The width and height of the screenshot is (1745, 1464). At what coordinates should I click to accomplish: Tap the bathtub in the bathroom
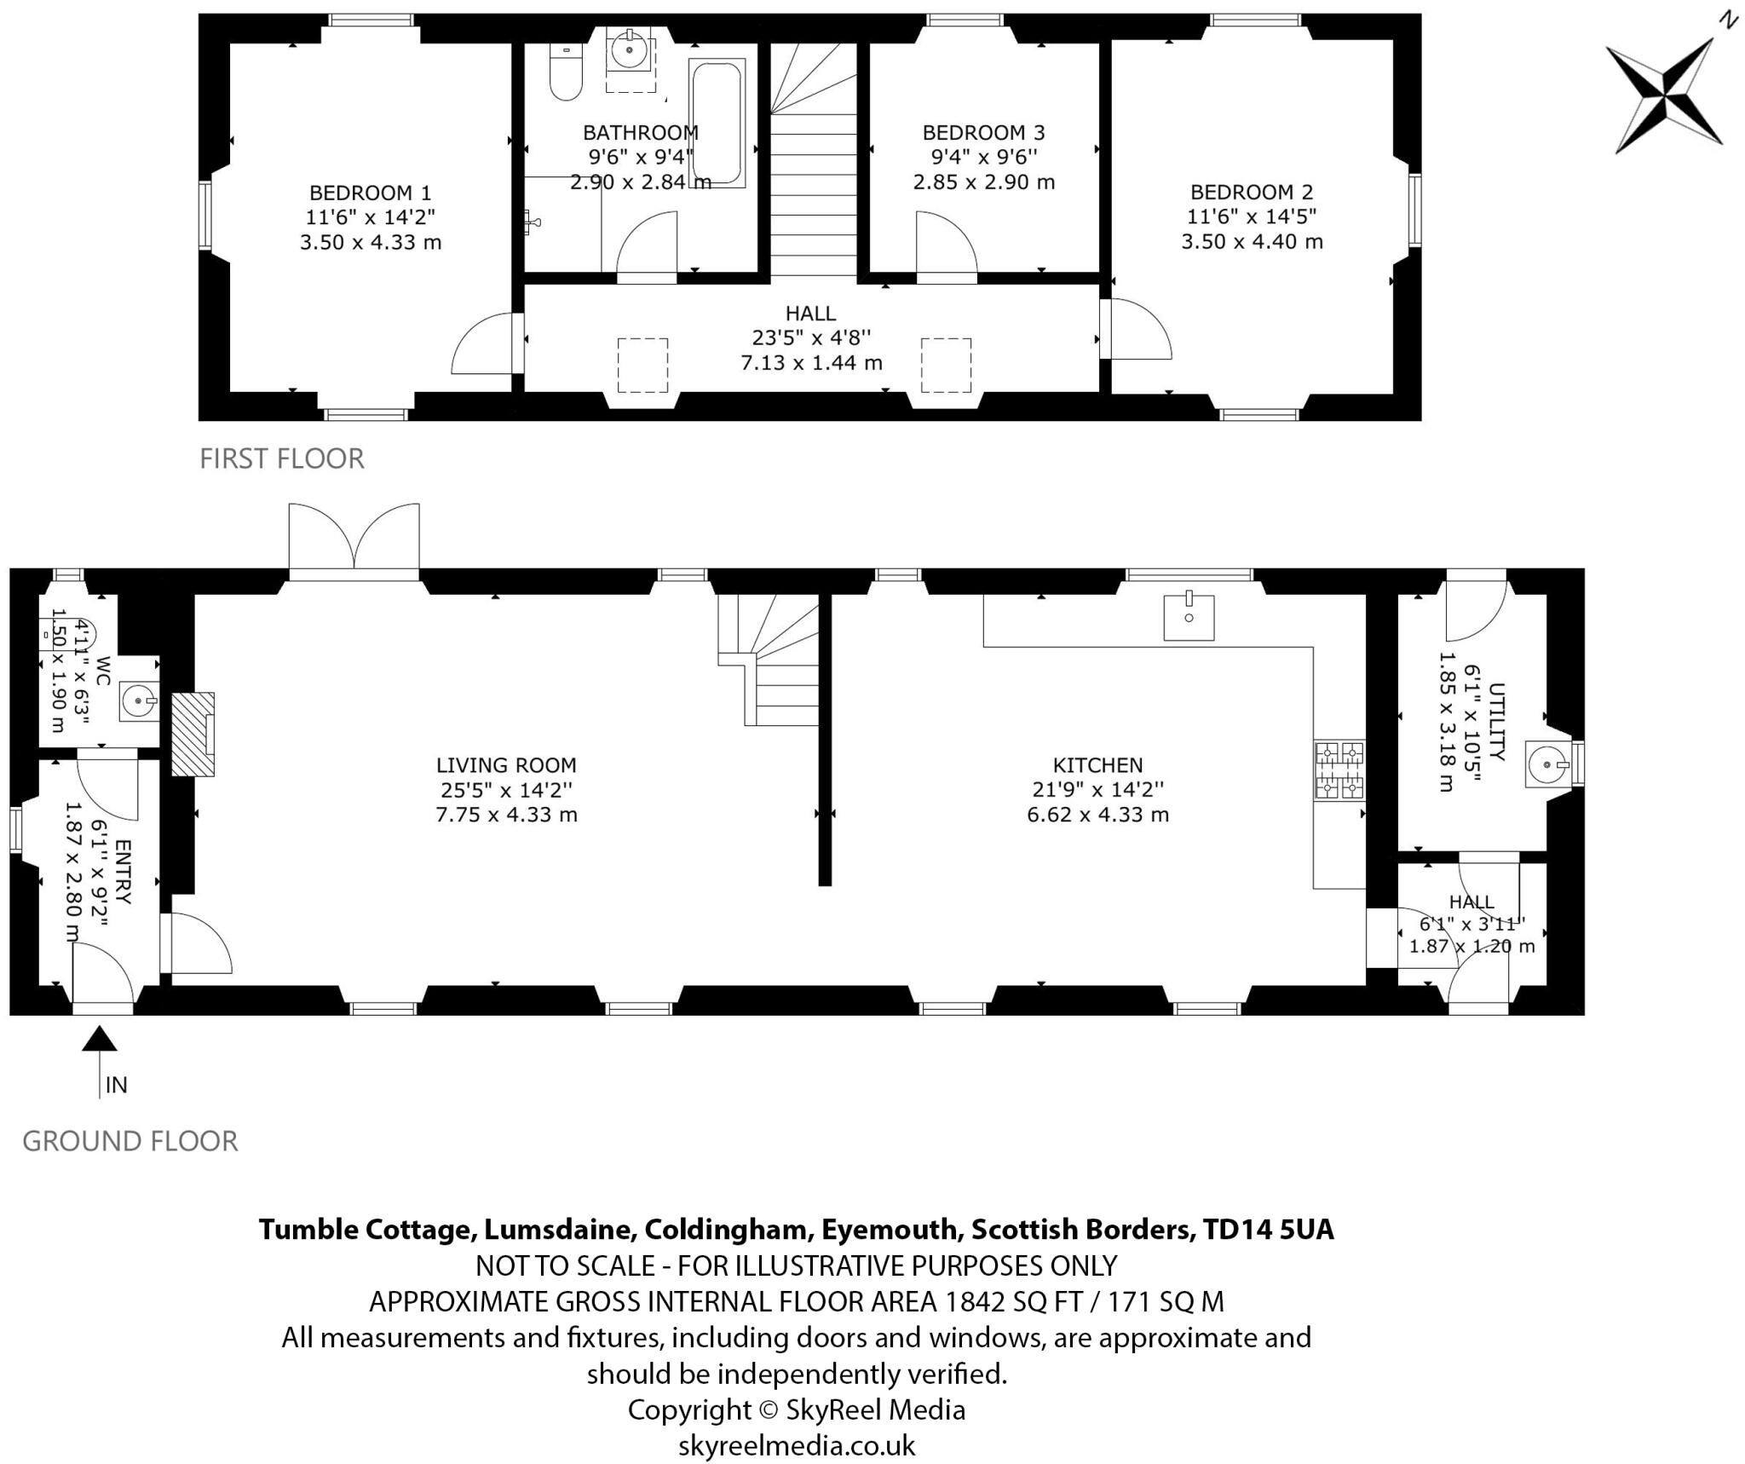(717, 122)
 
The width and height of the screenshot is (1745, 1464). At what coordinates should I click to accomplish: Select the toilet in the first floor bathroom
(565, 72)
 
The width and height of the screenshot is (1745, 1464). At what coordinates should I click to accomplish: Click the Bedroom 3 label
(983, 132)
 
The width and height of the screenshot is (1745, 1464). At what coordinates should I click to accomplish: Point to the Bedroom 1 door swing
(484, 345)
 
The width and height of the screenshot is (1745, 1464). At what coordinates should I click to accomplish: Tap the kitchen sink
(1189, 616)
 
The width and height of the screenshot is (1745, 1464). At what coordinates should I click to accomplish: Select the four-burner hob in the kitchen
(1339, 770)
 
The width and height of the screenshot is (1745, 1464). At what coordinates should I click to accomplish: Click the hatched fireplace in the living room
(193, 734)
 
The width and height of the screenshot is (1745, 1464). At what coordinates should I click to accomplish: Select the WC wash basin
(139, 701)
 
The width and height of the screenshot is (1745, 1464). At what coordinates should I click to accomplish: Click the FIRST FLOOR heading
(282, 458)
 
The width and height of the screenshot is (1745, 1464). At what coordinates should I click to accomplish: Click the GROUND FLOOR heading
(130, 1140)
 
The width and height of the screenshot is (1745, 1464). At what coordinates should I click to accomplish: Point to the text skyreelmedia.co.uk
(797, 1445)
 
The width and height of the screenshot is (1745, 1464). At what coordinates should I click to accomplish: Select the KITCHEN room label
(1097, 765)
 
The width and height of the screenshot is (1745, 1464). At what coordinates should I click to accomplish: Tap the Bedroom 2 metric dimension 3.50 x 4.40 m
(1252, 241)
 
